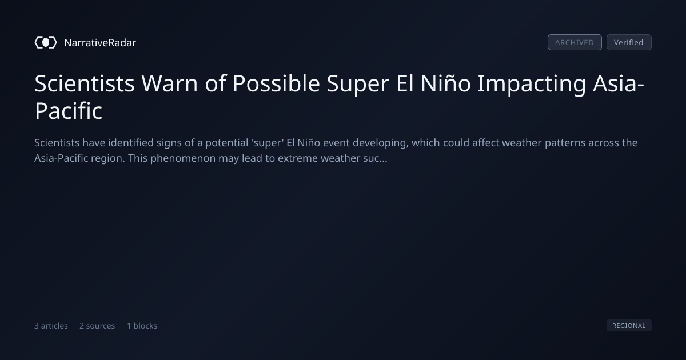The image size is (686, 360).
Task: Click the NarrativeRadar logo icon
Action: point(46,42)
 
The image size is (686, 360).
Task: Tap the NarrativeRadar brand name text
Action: point(100,42)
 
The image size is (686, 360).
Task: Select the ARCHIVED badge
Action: point(575,42)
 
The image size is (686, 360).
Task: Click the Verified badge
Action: point(629,42)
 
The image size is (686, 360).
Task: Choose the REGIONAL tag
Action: point(629,325)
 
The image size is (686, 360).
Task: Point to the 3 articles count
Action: point(51,326)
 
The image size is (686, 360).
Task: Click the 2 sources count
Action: point(97,326)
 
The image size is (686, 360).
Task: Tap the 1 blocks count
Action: point(142,326)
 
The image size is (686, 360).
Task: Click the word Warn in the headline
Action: point(169,83)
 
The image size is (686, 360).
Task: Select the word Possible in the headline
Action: point(276,83)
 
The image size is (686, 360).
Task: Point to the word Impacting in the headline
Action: point(531,84)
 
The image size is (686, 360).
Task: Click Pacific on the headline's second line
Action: point(68,110)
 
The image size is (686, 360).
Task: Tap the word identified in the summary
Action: point(131,143)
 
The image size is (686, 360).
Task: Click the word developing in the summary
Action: point(380,143)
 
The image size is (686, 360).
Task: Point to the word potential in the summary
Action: point(226,143)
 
